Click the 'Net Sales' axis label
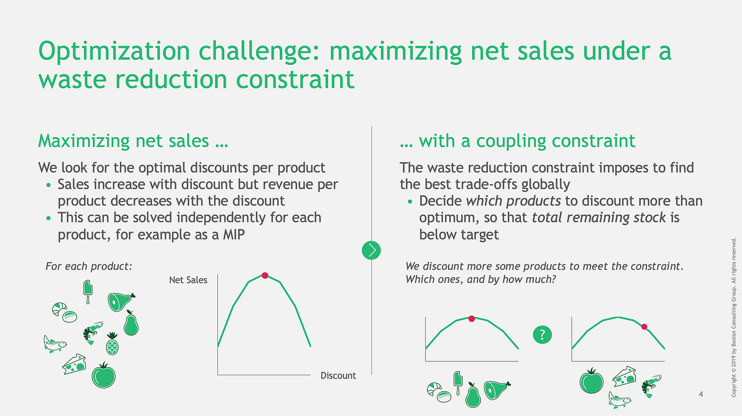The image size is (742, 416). coord(188,280)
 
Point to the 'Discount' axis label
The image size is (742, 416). coord(338,376)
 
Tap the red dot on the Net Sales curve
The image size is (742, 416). coord(265,275)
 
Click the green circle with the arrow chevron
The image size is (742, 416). coord(372,250)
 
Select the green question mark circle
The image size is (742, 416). coord(542,334)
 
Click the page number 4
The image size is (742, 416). coord(701,394)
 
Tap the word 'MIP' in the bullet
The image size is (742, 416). coord(234,234)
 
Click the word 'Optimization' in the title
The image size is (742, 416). coord(114,51)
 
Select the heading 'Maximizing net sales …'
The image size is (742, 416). coord(133,141)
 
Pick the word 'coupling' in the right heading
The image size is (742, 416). coord(511,141)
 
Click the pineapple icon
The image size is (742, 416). coord(112,343)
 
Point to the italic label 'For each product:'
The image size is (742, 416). coord(89,266)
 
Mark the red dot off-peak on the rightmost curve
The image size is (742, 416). coord(644,327)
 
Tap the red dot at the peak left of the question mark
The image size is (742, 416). coord(472,318)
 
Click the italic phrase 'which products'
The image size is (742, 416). coord(513,201)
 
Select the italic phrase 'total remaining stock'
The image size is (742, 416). coord(598,218)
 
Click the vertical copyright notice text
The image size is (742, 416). coord(734,317)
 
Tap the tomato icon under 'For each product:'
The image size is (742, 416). coord(104,375)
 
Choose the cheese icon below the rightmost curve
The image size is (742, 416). coord(624,377)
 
